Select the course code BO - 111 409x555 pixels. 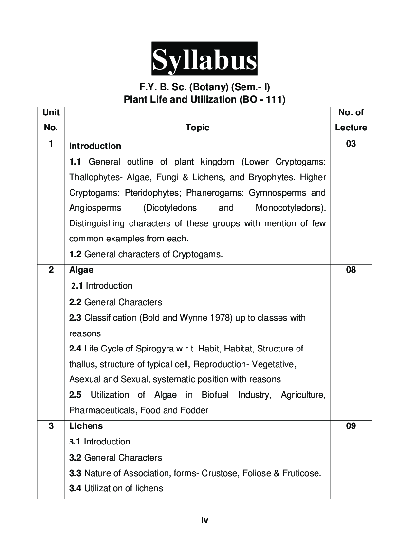[259, 100]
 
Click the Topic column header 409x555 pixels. [197, 128]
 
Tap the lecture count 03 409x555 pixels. [351, 144]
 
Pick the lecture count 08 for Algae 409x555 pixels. [351, 270]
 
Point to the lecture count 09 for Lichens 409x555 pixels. [351, 426]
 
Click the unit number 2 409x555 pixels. [51, 270]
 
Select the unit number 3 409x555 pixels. [51, 426]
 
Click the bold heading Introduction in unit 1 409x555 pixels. [95, 146]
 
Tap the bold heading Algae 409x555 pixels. [81, 270]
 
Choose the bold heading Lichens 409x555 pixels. [86, 426]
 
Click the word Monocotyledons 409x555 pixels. [290, 208]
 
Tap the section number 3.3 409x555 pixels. [75, 473]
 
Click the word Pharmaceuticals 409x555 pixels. [103, 410]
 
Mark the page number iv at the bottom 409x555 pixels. [204, 520]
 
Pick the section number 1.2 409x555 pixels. [75, 254]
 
